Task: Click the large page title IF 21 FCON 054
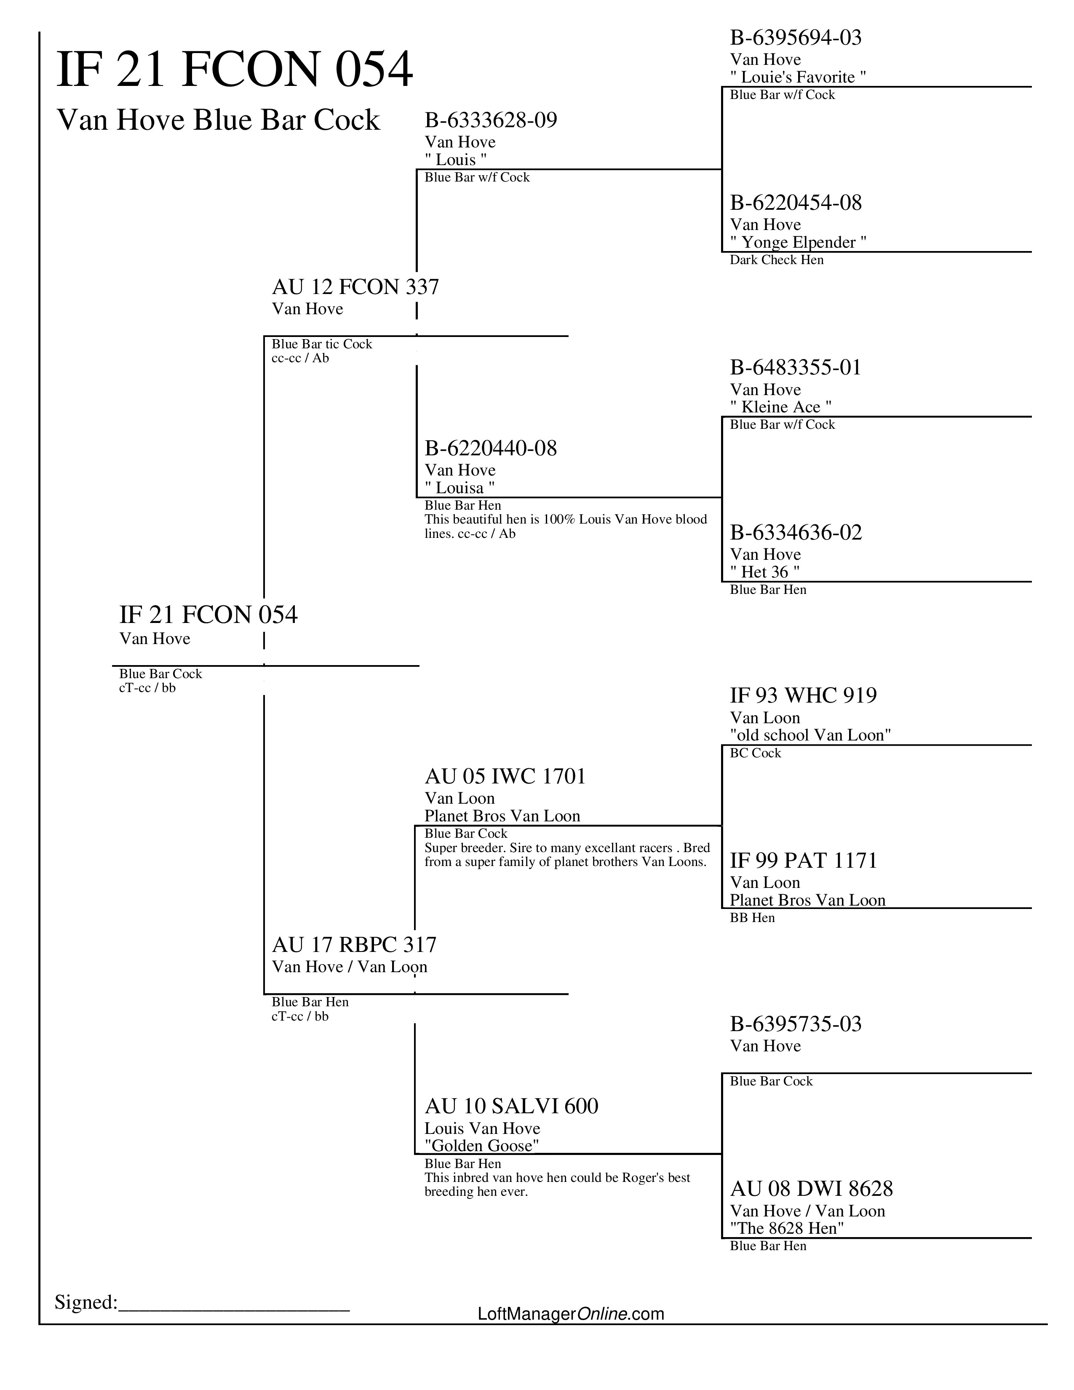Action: click(x=235, y=69)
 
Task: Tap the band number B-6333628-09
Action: click(x=491, y=120)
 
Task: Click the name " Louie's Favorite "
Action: click(x=798, y=77)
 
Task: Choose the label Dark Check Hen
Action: click(x=776, y=259)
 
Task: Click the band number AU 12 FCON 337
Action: click(x=355, y=287)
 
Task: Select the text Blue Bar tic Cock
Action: click(x=321, y=344)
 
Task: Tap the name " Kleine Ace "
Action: click(x=781, y=407)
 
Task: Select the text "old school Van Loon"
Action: click(x=810, y=735)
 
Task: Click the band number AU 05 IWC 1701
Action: click(x=505, y=776)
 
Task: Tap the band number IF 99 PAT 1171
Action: click(x=803, y=861)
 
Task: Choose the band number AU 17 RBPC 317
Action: click(x=354, y=944)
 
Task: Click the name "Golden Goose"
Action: click(x=482, y=1146)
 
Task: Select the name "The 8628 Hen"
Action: click(x=786, y=1228)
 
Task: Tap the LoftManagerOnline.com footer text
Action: click(x=571, y=1314)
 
